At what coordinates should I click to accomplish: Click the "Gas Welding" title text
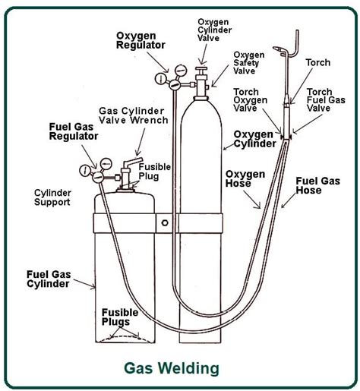tap(172, 368)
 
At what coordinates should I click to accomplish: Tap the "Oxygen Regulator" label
tap(141, 40)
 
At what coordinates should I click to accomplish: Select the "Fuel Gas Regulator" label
tap(74, 131)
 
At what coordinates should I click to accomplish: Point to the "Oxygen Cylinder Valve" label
tap(214, 30)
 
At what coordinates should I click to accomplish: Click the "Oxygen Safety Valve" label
tap(249, 62)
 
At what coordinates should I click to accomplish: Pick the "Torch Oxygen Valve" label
tap(250, 99)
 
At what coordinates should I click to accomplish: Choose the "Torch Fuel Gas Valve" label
tap(326, 99)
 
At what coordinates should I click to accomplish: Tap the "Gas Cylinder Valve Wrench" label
tap(134, 115)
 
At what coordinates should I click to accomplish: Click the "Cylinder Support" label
tap(52, 197)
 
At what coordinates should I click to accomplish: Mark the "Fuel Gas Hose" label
tap(317, 185)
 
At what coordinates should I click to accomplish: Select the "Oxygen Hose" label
tap(245, 178)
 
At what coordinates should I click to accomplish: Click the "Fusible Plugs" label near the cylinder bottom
tap(120, 317)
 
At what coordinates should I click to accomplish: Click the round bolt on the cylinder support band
tap(165, 223)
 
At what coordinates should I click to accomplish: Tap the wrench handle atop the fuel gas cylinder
tap(134, 162)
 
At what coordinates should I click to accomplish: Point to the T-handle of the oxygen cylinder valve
tap(201, 68)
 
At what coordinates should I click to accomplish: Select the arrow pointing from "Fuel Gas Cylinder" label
tap(84, 283)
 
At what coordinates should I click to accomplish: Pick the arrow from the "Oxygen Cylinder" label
tap(229, 147)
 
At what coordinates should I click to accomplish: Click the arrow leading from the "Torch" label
tap(302, 86)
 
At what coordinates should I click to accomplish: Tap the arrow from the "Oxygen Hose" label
tap(251, 200)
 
